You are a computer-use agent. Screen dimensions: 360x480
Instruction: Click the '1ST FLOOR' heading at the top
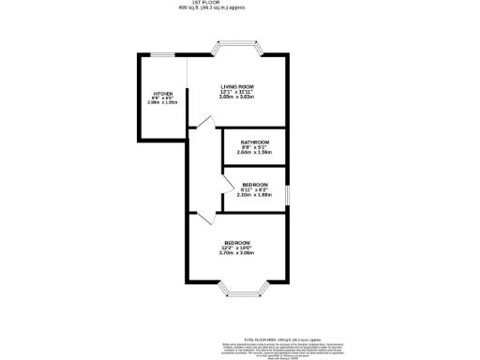237,4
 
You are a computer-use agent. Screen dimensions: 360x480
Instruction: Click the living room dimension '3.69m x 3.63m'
237,97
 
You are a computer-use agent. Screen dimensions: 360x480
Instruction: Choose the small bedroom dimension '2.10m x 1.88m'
255,196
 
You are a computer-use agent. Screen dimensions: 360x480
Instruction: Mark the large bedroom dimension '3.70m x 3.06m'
236,254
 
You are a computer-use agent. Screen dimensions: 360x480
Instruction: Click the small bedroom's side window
288,193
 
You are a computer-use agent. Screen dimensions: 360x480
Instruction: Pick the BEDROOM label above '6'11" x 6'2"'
255,185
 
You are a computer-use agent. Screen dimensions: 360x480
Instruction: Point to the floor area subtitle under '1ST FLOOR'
237,9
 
